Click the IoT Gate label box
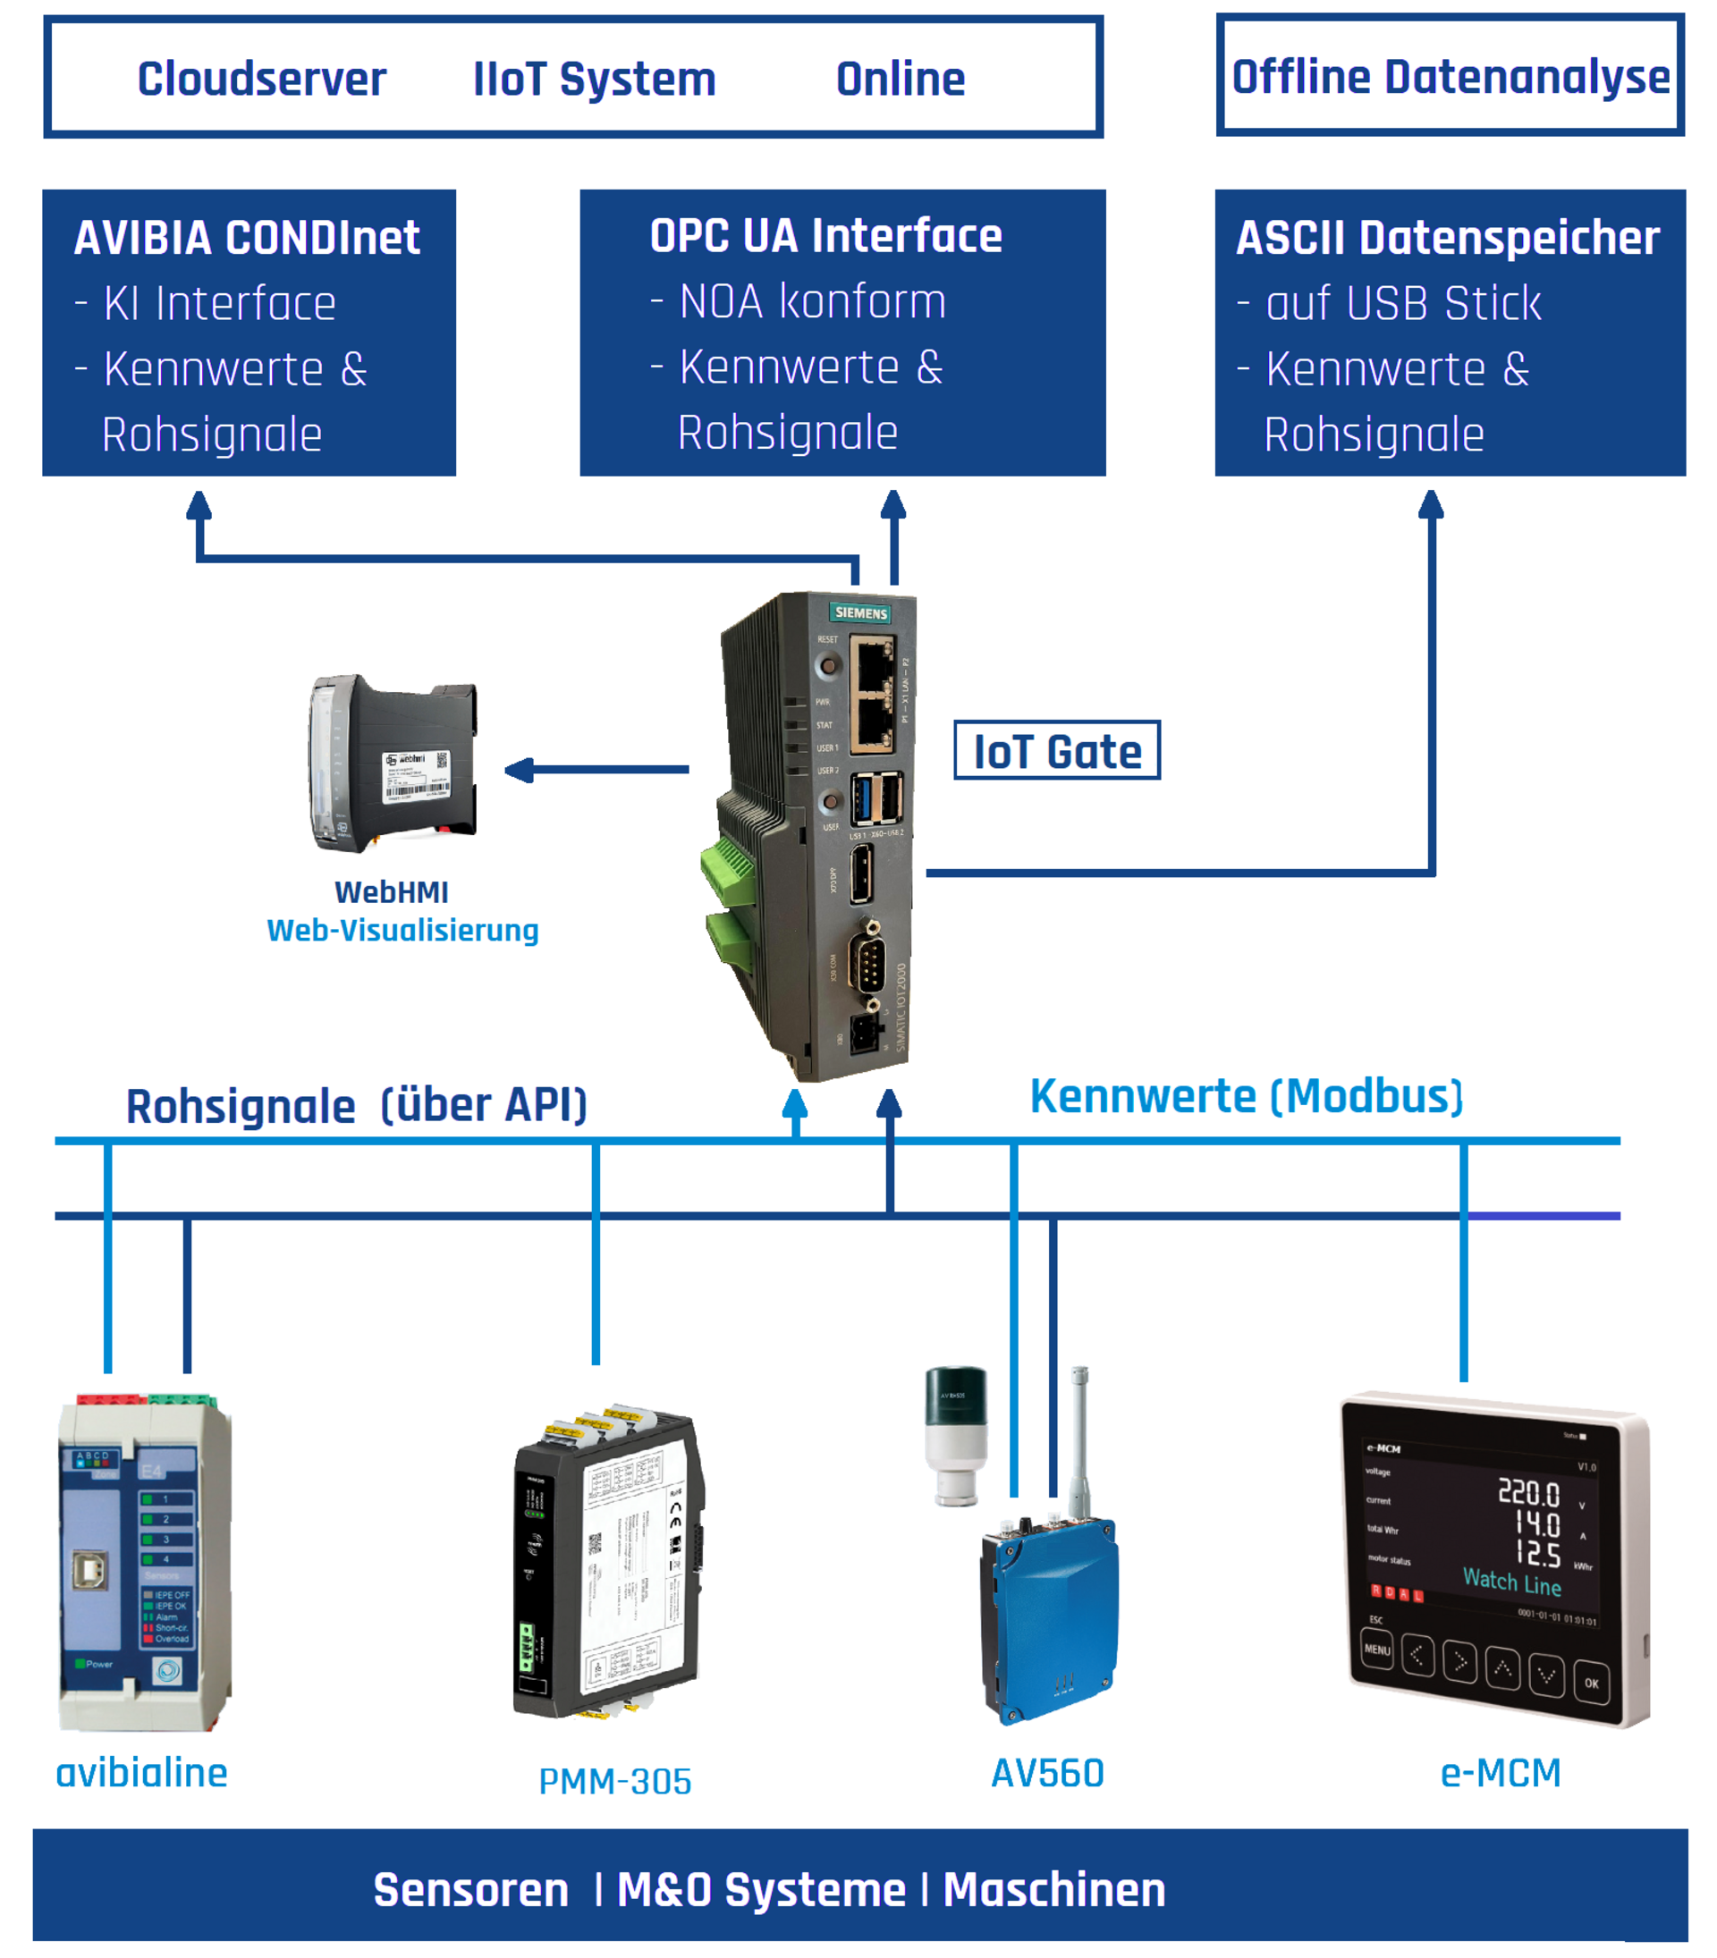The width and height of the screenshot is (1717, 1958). [x=1056, y=750]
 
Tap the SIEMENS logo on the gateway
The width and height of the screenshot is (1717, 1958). [x=859, y=612]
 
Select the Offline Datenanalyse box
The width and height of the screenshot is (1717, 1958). [x=1449, y=77]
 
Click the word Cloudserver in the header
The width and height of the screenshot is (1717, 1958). [x=261, y=79]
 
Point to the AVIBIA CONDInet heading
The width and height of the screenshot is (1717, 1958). [x=246, y=238]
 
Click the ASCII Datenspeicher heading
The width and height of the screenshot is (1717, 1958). [x=1447, y=238]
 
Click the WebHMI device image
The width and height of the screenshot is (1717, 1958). [x=393, y=763]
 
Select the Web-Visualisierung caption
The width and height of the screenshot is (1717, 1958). [x=402, y=930]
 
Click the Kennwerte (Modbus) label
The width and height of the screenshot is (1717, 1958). [x=1246, y=1096]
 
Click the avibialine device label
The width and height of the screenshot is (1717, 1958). [x=142, y=1772]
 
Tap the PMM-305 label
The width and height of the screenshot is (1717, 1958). [x=614, y=1781]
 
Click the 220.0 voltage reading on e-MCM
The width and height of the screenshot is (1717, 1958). [x=1528, y=1491]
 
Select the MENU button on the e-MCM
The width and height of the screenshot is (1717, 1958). [x=1377, y=1650]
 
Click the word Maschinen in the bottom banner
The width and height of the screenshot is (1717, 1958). [x=1054, y=1890]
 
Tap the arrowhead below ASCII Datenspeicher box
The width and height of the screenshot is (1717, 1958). [x=1431, y=505]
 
